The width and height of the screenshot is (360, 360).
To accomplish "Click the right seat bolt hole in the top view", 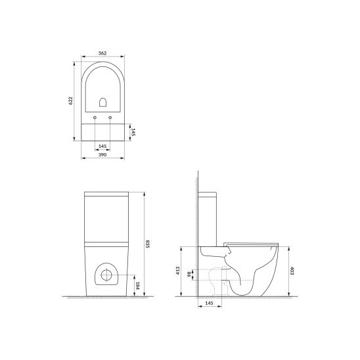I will point(110,117).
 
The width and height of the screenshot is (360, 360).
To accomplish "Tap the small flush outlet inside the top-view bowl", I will point(102,102).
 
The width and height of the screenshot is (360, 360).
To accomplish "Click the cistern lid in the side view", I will point(208,195).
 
